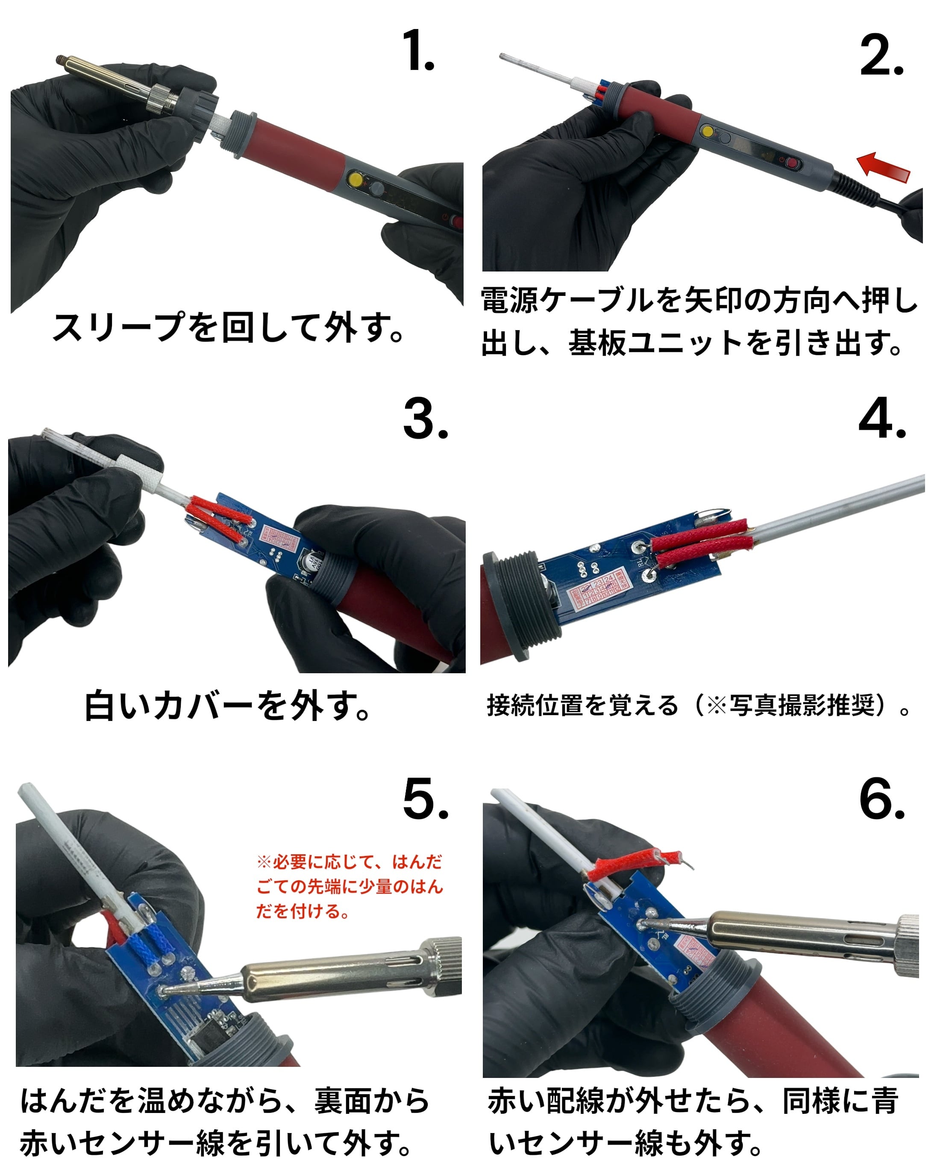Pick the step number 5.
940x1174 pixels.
click(426, 798)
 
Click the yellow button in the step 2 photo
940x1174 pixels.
click(707, 131)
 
